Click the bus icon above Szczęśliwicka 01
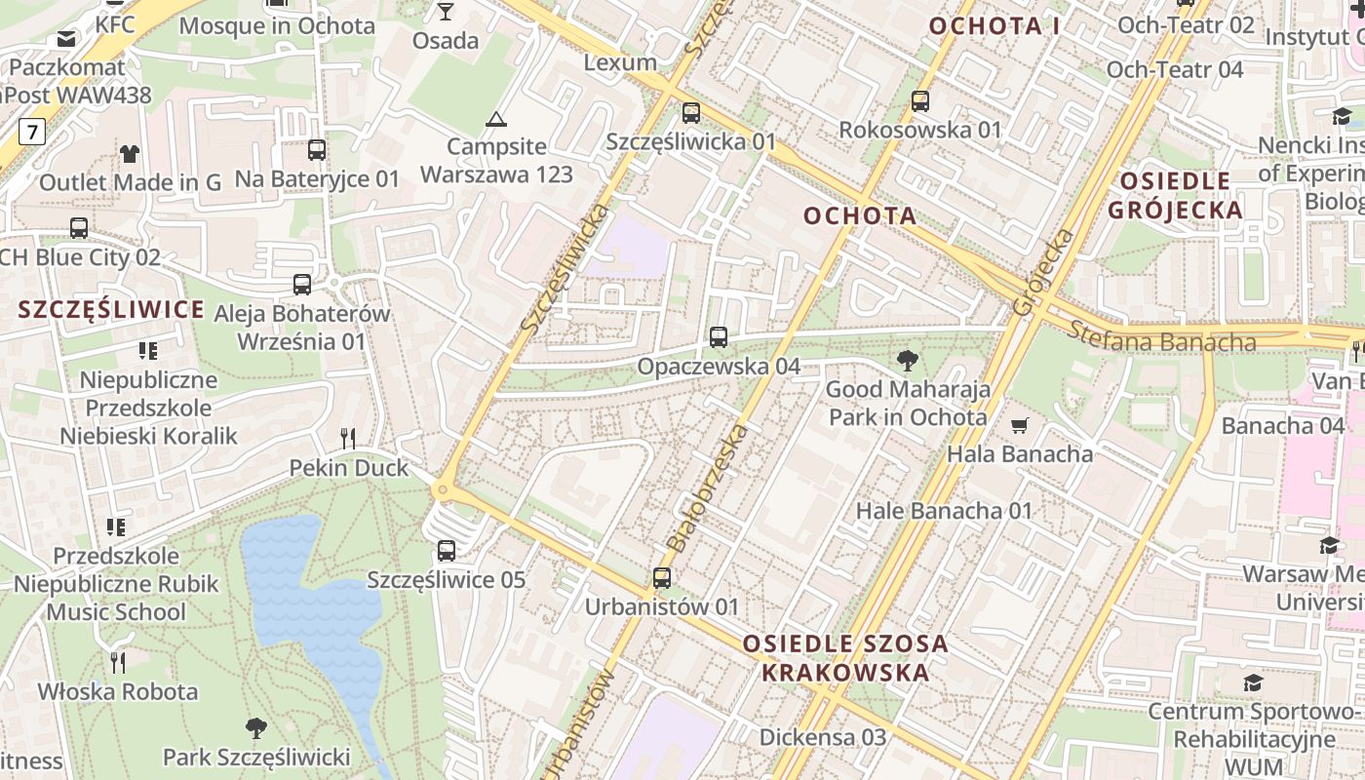[x=691, y=113]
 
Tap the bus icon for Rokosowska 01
[x=920, y=101]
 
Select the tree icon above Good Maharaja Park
[x=908, y=361]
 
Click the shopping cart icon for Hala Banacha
[x=1020, y=425]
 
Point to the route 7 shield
[x=33, y=131]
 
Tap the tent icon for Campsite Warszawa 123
[x=496, y=120]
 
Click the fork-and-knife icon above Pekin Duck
[x=348, y=439]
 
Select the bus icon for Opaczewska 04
[x=719, y=338]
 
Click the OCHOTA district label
[x=860, y=215]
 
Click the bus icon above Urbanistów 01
[x=662, y=578]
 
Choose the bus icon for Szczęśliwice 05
[x=447, y=551]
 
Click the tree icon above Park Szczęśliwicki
[x=256, y=727]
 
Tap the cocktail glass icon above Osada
[x=446, y=12]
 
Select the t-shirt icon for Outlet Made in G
[x=130, y=153]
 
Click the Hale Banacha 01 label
[x=944, y=510]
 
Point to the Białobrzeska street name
[x=708, y=487]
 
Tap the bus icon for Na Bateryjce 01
[x=317, y=150]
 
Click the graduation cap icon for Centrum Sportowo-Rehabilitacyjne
[x=1253, y=682]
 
